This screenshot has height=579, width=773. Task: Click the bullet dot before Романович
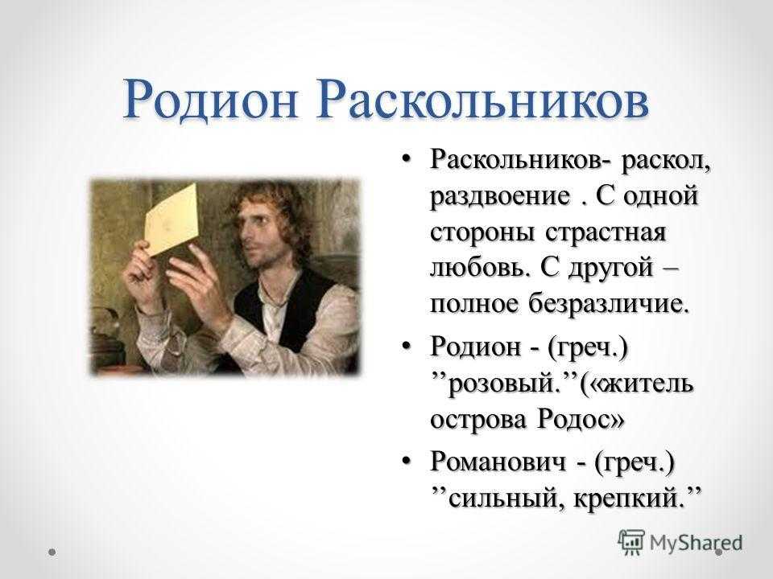[x=406, y=460]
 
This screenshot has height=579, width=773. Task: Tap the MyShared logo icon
[x=631, y=543]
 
